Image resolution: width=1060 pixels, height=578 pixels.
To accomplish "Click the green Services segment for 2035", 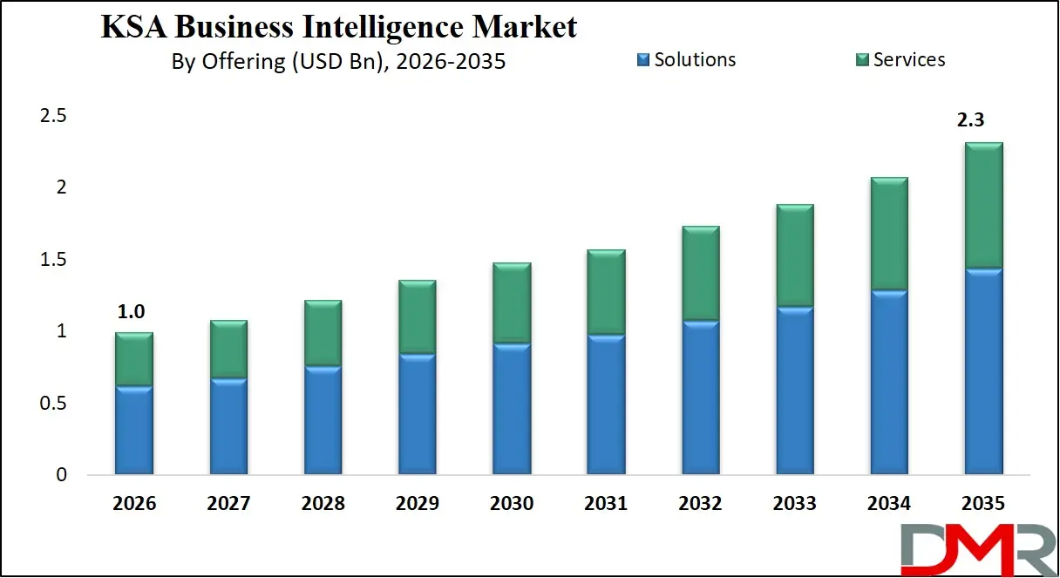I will [x=983, y=206].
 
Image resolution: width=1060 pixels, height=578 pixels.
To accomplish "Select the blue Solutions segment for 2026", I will [x=134, y=431].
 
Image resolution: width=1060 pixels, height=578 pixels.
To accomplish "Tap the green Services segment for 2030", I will [x=512, y=303].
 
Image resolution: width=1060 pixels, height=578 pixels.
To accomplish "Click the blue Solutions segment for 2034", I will [x=889, y=383].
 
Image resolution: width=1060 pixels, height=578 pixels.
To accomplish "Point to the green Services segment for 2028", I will [x=323, y=334].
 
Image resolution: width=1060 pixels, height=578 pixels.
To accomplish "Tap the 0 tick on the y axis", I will [x=61, y=475].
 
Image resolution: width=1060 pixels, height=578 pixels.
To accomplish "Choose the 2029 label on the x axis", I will [x=417, y=504].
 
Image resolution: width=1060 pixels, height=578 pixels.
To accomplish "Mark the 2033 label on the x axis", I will [x=794, y=504].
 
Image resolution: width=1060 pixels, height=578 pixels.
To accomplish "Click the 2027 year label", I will [x=228, y=504].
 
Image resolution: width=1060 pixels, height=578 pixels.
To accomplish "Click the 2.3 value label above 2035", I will [x=971, y=121].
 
